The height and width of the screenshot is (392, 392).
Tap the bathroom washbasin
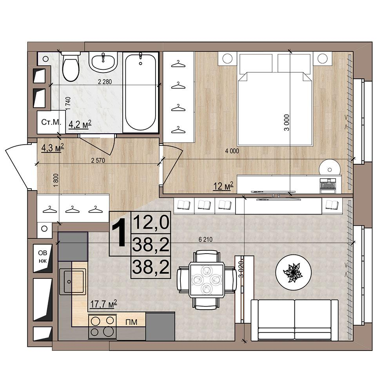pyautogui.click(x=103, y=62)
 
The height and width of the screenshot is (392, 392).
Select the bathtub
pyautogui.click(x=140, y=92)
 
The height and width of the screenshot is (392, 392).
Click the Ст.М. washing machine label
pyautogui.click(x=51, y=122)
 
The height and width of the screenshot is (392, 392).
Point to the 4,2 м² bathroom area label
pyautogui.click(x=80, y=124)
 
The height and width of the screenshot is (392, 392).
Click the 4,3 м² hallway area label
pyautogui.click(x=53, y=148)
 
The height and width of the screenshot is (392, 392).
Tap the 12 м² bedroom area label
pyautogui.click(x=223, y=186)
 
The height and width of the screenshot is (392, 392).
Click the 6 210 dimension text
pyautogui.click(x=205, y=240)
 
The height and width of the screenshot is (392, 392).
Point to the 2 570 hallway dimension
pyautogui.click(x=98, y=160)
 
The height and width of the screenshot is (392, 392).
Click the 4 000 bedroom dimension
pyautogui.click(x=232, y=151)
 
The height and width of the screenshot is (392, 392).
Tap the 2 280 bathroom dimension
pyautogui.click(x=105, y=82)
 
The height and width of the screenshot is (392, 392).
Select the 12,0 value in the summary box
pyautogui.click(x=151, y=223)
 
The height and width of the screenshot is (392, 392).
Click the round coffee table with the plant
pyautogui.click(x=294, y=272)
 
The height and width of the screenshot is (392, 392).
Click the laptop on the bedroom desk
pyautogui.click(x=328, y=185)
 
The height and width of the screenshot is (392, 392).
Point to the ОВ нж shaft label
pyautogui.click(x=43, y=257)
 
